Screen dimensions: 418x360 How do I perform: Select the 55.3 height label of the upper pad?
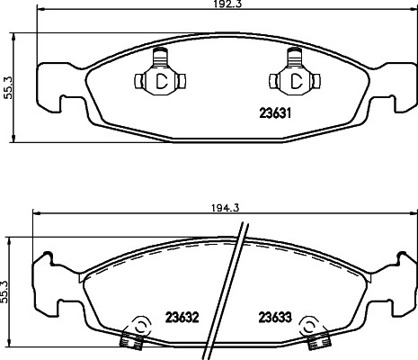(7, 87)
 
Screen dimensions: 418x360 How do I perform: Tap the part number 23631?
(275, 113)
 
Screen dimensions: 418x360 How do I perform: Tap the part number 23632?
(182, 317)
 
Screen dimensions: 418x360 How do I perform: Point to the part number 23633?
(275, 317)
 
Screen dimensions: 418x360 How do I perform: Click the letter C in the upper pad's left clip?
(162, 81)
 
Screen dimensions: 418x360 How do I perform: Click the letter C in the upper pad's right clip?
(297, 81)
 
